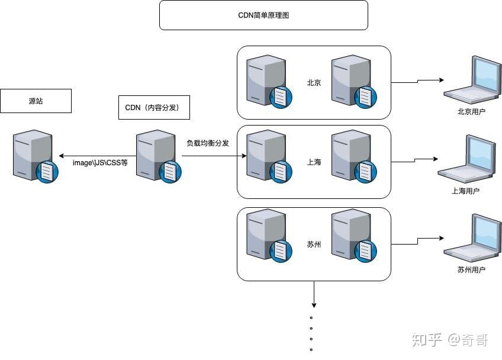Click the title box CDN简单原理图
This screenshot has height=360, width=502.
[263, 15]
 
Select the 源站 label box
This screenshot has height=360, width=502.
[36, 101]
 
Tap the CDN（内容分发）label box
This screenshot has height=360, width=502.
[152, 107]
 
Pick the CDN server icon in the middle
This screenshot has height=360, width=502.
[158, 156]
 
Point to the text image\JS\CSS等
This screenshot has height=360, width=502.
[100, 162]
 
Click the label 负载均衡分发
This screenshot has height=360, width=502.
[208, 143]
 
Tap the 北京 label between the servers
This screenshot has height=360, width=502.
[314, 83]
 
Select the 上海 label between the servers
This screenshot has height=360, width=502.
[314, 162]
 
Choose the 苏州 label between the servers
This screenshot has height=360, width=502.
[314, 244]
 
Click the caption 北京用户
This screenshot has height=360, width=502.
[472, 111]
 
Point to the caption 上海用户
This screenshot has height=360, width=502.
[465, 191]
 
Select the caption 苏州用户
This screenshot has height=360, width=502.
[471, 270]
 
